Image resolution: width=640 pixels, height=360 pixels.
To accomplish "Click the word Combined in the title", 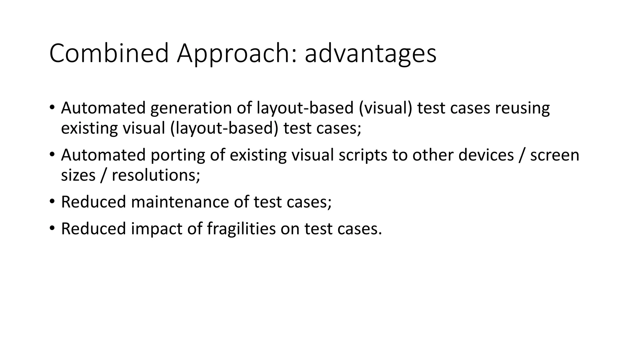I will click(x=109, y=54).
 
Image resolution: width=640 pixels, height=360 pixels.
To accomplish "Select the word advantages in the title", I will click(x=370, y=54).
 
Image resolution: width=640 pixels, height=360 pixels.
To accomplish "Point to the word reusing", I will click(x=522, y=108).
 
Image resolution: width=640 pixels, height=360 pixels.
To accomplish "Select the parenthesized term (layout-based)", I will click(x=224, y=128).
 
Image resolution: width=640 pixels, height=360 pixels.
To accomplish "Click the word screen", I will click(x=555, y=155).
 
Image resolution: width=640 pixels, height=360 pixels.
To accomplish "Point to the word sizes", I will click(x=78, y=175).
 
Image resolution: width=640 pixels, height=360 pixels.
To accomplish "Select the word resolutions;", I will click(x=156, y=175).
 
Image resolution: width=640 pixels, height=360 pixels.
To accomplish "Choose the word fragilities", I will click(x=241, y=229).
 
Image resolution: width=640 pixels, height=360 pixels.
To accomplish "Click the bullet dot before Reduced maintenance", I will click(x=52, y=202).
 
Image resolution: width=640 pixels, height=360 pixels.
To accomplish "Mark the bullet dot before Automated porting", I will click(x=52, y=154).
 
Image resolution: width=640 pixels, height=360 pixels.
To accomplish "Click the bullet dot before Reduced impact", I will click(x=52, y=228).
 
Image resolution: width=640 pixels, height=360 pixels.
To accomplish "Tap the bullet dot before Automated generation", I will click(x=52, y=107).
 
